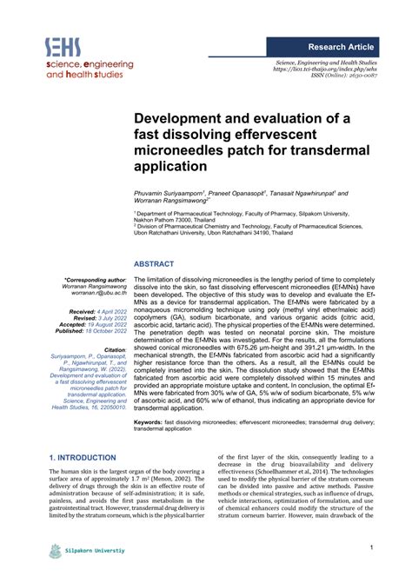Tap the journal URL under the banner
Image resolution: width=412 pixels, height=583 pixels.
(x=325, y=69)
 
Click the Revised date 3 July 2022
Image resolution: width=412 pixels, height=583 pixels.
(x=110, y=317)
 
